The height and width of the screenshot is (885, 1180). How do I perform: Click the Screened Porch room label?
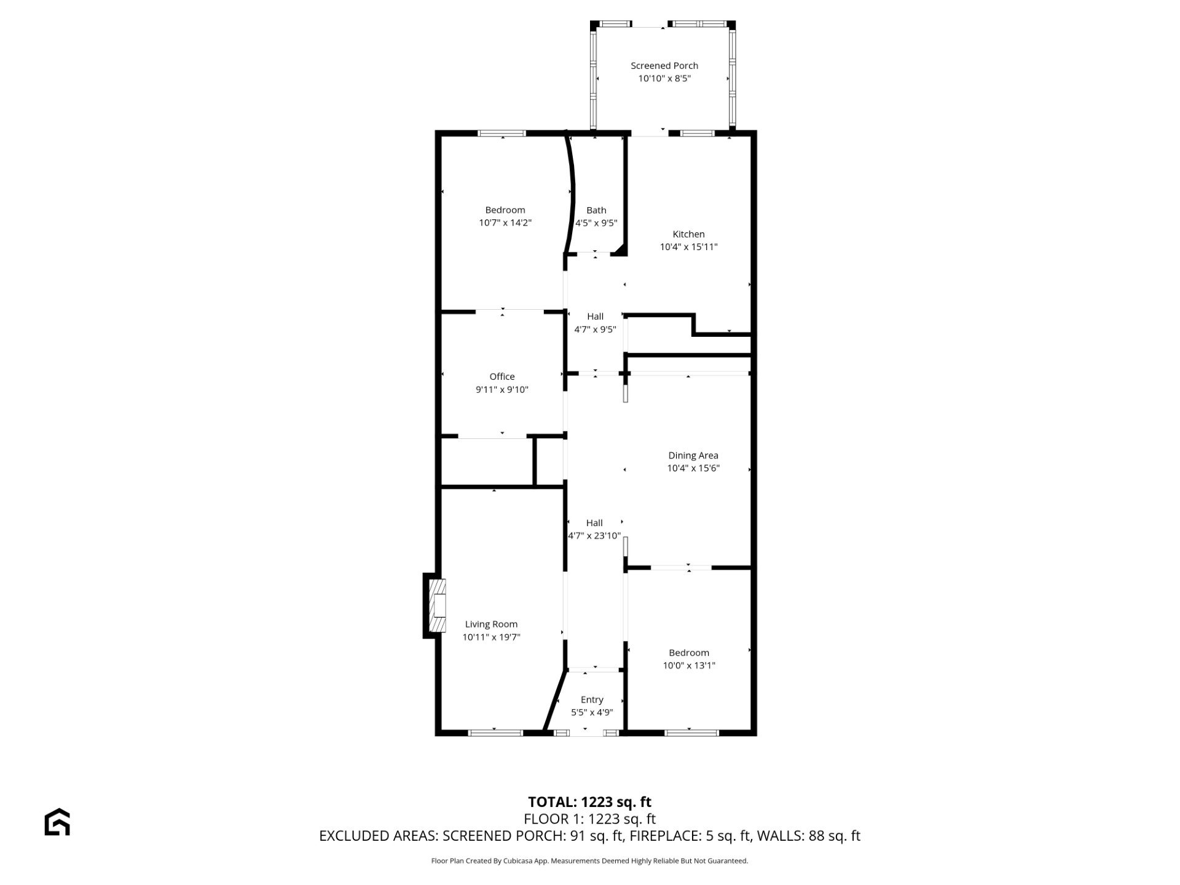coord(664,66)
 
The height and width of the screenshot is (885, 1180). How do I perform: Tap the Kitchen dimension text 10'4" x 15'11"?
coord(689,247)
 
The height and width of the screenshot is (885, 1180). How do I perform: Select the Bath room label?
coord(596,210)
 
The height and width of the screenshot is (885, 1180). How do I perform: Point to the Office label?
coord(502,377)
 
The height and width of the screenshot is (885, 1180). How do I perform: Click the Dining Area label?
coord(693,455)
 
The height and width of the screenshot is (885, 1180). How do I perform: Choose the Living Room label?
coord(491,624)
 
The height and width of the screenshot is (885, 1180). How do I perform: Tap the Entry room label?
coord(592,700)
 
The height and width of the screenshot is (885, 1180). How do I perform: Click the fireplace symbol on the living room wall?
coord(435,605)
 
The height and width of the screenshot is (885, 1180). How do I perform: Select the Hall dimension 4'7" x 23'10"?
coord(594,536)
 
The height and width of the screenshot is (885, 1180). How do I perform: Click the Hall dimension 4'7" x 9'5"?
coord(595,329)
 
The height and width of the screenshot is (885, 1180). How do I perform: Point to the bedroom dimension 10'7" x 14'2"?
coord(505,223)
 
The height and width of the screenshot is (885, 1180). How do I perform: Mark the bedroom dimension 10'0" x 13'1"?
coord(689,666)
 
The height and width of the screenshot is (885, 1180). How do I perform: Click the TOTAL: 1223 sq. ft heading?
coord(590,802)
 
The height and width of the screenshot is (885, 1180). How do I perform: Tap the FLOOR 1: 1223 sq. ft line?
coord(590,819)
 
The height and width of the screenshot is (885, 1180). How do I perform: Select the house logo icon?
coord(57,822)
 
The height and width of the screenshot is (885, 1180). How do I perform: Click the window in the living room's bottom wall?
coord(495,733)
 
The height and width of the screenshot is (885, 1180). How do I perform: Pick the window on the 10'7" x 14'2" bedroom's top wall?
coord(503,133)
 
